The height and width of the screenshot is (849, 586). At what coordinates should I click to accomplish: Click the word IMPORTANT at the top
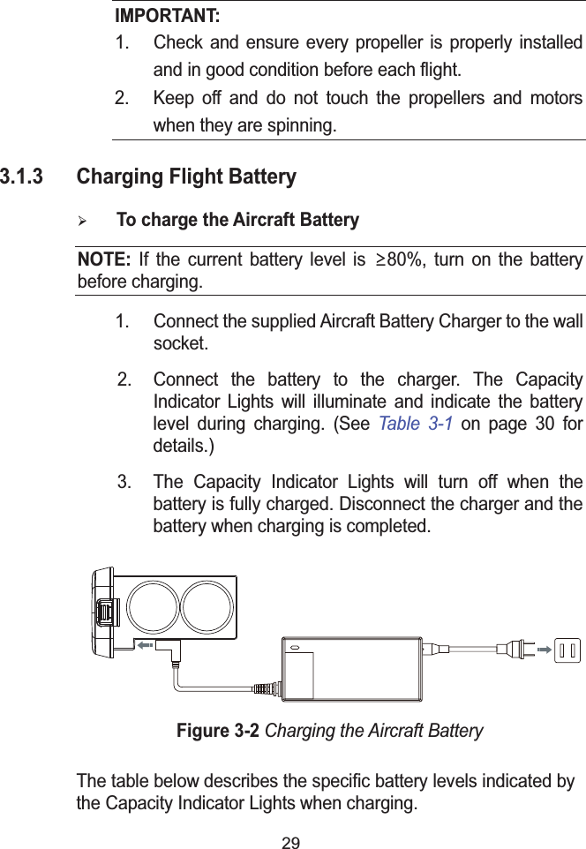169,17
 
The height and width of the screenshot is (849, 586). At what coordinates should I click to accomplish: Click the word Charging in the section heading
113,177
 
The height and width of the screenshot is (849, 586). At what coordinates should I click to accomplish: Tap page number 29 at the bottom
290,842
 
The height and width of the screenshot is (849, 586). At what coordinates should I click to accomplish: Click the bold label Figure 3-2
219,732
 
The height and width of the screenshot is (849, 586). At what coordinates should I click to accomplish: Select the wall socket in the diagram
569,651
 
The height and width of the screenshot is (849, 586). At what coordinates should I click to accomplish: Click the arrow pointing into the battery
146,645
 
